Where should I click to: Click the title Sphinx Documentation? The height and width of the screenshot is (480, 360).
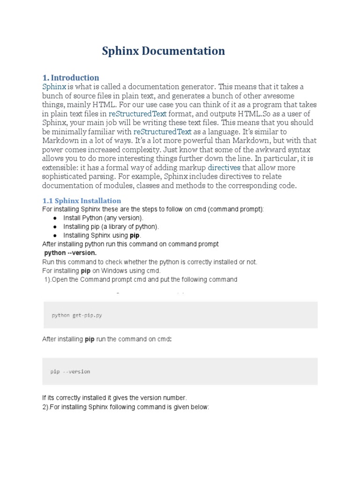(164, 51)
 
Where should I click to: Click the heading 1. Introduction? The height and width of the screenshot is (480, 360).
(71, 78)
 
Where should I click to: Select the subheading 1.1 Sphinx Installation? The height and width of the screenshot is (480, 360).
(82, 201)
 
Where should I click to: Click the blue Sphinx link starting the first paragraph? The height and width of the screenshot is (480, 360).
(54, 87)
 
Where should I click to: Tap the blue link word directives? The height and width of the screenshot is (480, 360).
(224, 167)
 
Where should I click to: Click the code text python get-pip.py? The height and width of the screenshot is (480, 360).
(77, 315)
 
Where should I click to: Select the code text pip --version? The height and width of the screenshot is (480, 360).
(70, 372)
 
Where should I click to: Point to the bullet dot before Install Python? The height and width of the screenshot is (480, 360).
(55, 218)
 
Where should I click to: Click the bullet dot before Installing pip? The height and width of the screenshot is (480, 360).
(55, 227)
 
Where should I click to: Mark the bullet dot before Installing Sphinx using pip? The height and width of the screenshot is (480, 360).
(55, 236)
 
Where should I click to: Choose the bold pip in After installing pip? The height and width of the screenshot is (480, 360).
(90, 339)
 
